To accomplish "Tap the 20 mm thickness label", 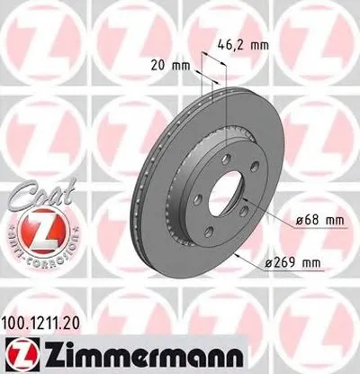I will pos(167,65).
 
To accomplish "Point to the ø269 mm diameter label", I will pos(296,264).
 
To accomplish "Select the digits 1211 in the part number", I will pos(47,320).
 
